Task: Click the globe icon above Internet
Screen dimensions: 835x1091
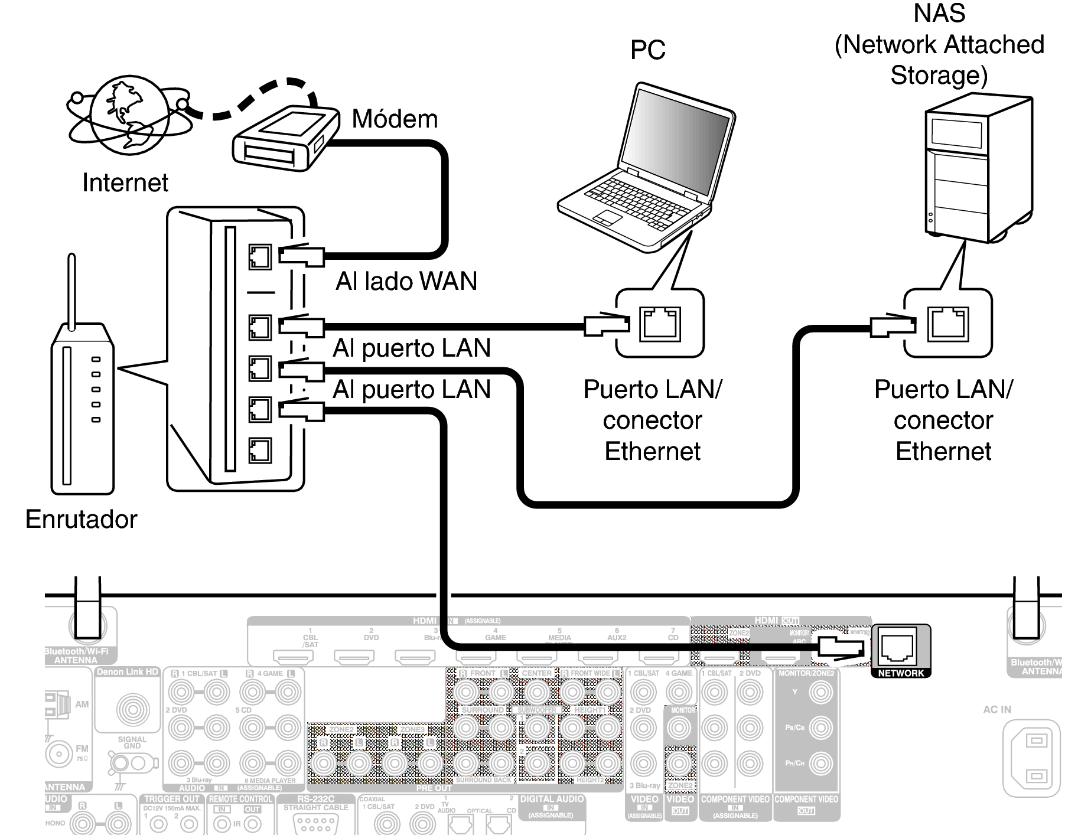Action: pos(129,115)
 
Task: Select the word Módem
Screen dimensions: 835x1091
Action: pos(395,119)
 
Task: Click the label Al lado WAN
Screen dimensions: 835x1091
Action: pos(406,281)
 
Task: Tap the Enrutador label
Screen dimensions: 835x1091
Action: pos(81,519)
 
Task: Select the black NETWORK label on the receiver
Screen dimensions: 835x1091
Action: pos(901,673)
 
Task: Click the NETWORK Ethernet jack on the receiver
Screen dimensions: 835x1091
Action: pos(898,648)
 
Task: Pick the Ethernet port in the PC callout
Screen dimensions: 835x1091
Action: pos(660,323)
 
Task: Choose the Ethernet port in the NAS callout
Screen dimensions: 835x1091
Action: pos(947,323)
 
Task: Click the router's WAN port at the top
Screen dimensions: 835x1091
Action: pos(260,257)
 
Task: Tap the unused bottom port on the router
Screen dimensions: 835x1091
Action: pos(260,451)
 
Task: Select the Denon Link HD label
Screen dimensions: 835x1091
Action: pos(128,672)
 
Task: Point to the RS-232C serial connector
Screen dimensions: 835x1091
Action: pos(315,821)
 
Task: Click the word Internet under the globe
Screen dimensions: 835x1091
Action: pos(125,182)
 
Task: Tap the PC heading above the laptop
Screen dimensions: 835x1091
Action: pos(647,50)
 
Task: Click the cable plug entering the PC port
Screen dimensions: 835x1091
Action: pos(606,324)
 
